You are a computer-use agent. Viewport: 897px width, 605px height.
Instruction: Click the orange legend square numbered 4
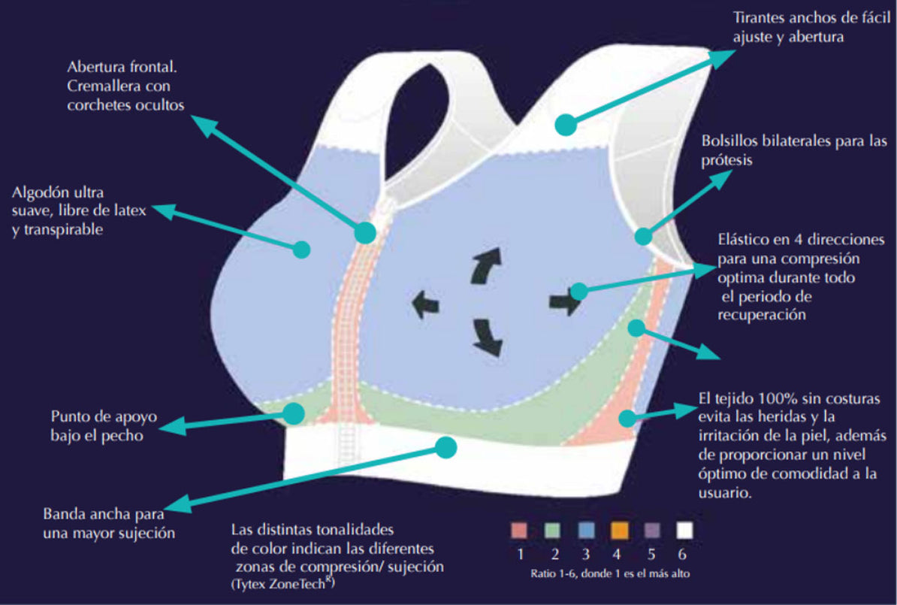pos(619,530)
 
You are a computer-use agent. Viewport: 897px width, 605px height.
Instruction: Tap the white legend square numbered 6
pos(684,530)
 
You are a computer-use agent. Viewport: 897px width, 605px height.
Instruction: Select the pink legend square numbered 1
pos(519,530)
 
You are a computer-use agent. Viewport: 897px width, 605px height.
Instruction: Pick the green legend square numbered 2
pos(552,530)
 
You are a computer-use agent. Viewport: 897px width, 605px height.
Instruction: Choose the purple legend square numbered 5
pos(651,530)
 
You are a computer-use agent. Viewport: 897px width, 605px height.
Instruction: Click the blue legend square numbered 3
pos(587,530)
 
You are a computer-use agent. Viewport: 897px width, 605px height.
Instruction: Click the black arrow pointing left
pos(425,304)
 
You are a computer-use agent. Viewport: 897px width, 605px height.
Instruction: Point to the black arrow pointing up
pos(487,265)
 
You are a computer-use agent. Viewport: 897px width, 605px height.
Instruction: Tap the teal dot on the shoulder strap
pos(566,124)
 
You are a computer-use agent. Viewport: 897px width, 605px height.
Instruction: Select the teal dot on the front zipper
pos(365,232)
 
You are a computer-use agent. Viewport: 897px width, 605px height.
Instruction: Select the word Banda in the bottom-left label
pos(64,513)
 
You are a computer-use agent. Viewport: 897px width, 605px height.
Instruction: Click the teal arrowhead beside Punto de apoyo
pos(171,426)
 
